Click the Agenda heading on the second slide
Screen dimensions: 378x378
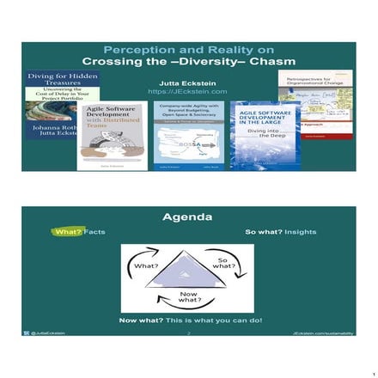tap(187, 217)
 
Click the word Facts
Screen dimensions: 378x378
tap(94, 232)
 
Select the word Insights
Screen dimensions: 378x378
tap(301, 232)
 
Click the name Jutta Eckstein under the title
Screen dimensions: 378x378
tap(187, 82)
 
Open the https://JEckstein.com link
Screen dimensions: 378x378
tap(187, 91)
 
